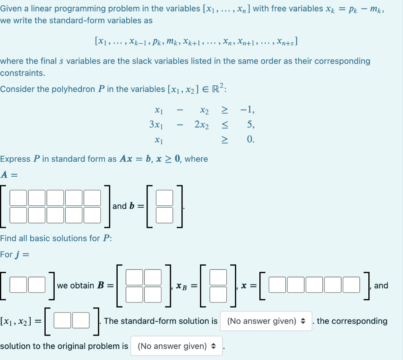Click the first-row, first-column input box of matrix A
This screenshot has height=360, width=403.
(18, 198)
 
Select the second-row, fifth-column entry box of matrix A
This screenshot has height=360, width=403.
(92, 214)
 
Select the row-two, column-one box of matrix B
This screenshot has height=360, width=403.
(134, 294)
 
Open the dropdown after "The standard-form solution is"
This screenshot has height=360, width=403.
(266, 321)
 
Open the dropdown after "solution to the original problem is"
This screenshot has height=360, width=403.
(176, 346)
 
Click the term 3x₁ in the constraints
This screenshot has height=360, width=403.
(156, 125)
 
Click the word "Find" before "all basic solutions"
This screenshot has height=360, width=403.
(8, 238)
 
